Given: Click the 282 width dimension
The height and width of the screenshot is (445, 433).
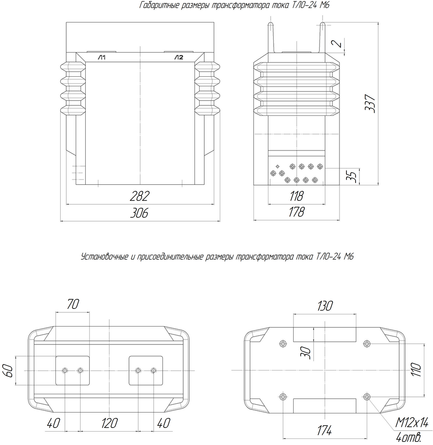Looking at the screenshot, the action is (139, 196).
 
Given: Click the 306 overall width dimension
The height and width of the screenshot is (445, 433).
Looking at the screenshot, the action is (139, 213).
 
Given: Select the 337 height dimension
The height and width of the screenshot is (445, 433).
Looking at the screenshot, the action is (370, 104).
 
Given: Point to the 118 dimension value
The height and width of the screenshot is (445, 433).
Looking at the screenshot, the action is (297, 196).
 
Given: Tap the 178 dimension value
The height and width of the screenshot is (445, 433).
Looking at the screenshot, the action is (297, 212).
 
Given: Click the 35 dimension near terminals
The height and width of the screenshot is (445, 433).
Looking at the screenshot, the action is (351, 177).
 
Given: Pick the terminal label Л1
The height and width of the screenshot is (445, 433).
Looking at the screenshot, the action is (102, 57).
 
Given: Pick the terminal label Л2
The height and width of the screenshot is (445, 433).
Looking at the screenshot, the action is (179, 57).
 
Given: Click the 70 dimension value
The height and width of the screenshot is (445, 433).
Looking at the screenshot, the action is (73, 304).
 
